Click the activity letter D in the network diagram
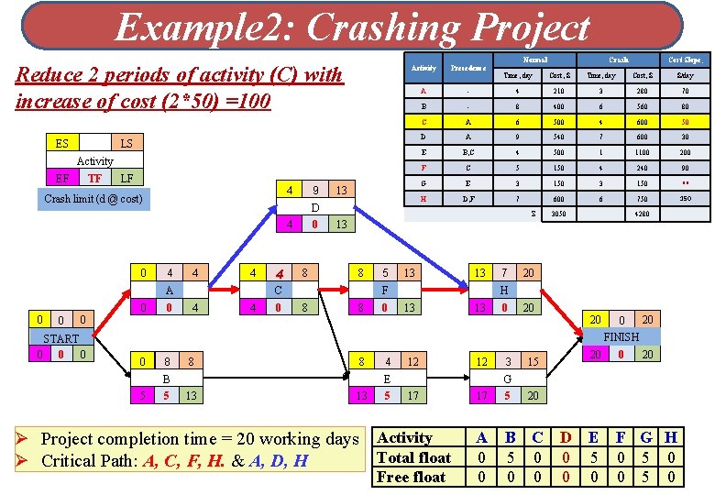coord(314,207)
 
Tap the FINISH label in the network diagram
coord(621,336)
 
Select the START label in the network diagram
coord(60,337)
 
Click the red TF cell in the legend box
coord(94,179)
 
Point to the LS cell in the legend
coord(126,143)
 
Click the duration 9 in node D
coord(314,191)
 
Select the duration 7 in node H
coord(503,272)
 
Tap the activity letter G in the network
coord(507,379)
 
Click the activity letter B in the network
coord(166,379)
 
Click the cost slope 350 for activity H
coord(685,199)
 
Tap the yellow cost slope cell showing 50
coord(685,121)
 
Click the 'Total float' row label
coord(414,457)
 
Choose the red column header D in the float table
coord(566,438)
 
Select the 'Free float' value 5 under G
coord(646,477)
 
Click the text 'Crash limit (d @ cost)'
coord(93,199)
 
